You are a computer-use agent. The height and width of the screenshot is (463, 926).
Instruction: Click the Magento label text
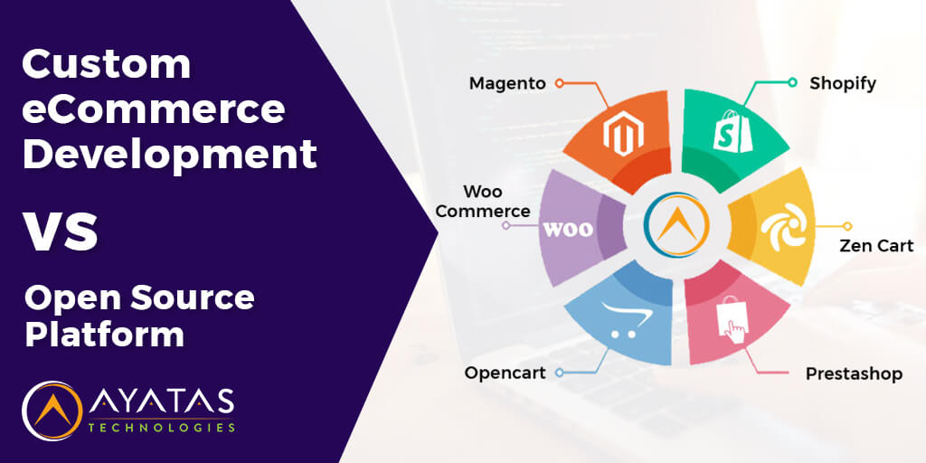point(507,83)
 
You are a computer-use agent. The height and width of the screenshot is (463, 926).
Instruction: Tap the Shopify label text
point(843,83)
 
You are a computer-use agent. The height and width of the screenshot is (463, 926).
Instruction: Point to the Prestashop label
point(854,373)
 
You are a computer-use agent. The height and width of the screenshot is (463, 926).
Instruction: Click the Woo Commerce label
point(496,202)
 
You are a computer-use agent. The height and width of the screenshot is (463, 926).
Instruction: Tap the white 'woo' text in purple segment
point(567,228)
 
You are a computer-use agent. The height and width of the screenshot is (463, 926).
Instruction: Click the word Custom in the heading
point(107,64)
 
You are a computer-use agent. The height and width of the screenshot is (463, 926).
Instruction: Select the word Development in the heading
point(169,153)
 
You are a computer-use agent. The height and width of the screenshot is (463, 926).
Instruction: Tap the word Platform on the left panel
point(104,335)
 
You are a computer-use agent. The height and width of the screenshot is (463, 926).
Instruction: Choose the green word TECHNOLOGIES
point(162,427)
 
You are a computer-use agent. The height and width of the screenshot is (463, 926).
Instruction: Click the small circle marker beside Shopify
point(792,82)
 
